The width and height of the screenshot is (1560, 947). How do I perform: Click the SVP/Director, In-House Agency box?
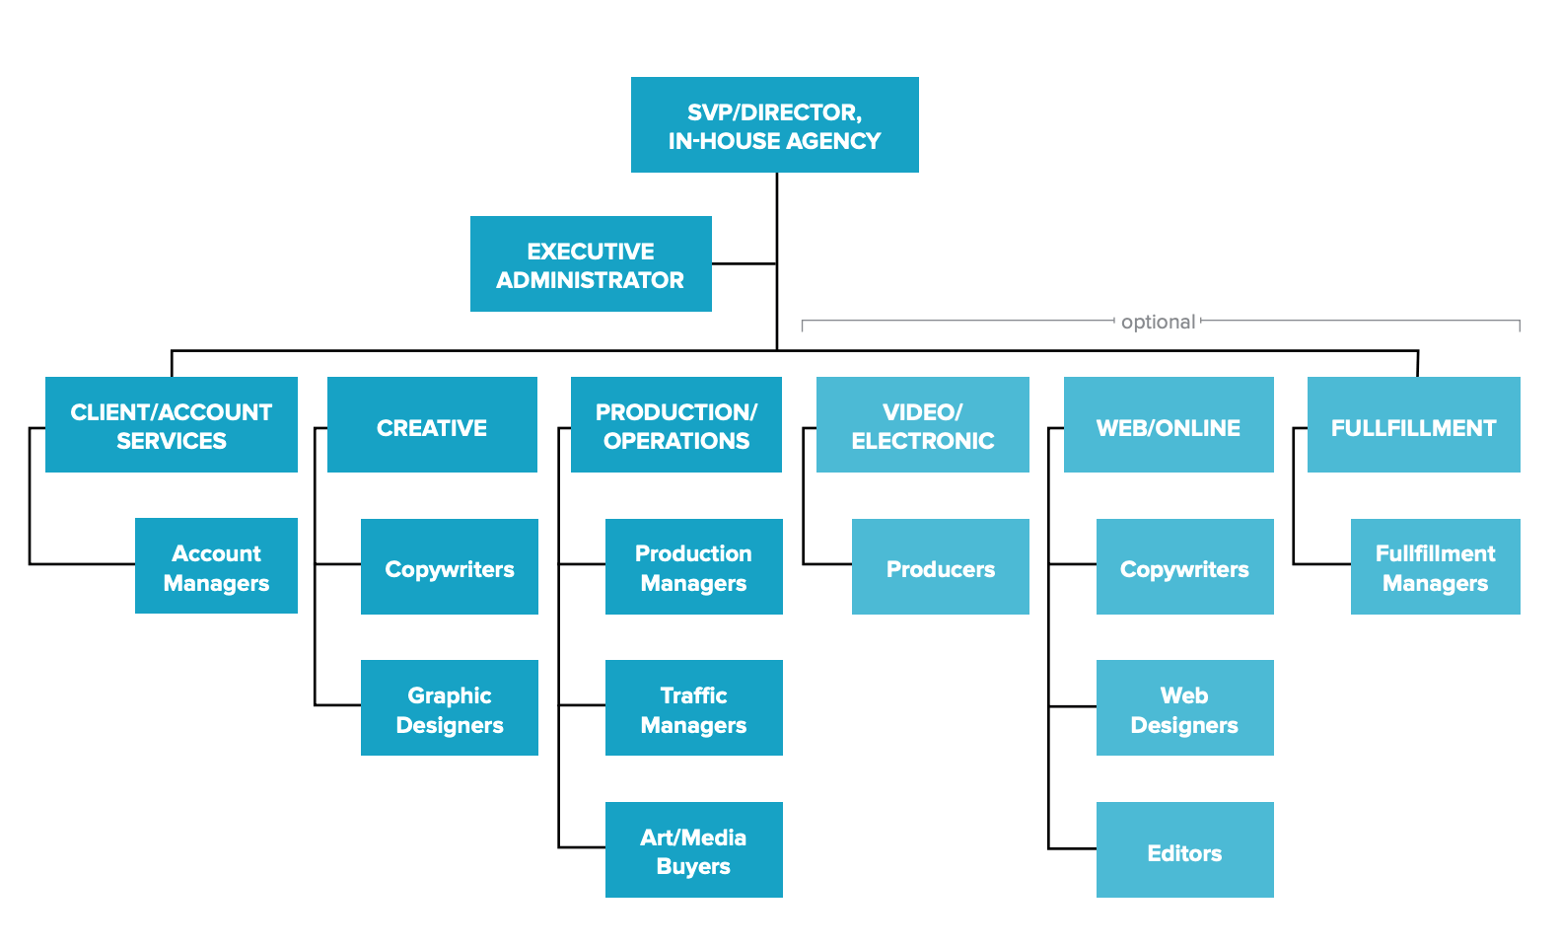pyautogui.click(x=774, y=125)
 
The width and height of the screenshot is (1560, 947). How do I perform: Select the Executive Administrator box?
pyautogui.click(x=591, y=264)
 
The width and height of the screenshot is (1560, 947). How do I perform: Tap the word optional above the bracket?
pyautogui.click(x=1158, y=322)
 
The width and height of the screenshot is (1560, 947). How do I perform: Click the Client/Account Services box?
pyautogui.click(x=172, y=425)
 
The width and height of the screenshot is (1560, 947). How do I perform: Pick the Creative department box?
pyautogui.click(x=432, y=425)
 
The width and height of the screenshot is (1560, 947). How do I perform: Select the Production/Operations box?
pyautogui.click(x=676, y=425)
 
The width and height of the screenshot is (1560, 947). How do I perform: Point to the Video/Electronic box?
pyautogui.click(x=922, y=425)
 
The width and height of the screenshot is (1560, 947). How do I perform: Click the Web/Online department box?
pyautogui.click(x=1169, y=425)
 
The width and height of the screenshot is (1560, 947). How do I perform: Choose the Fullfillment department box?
pyautogui.click(x=1413, y=425)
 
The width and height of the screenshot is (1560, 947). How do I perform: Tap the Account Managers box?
pyautogui.click(x=216, y=566)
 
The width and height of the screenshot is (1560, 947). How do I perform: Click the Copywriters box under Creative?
pyautogui.click(x=449, y=567)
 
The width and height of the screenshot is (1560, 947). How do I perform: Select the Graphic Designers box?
pyautogui.click(x=449, y=708)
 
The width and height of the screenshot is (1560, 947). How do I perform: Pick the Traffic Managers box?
pyautogui.click(x=693, y=708)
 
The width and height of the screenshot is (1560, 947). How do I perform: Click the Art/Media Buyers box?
pyautogui.click(x=693, y=850)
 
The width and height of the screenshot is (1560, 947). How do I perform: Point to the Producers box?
pyautogui.click(x=940, y=567)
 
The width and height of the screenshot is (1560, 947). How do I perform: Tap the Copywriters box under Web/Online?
pyautogui.click(x=1184, y=567)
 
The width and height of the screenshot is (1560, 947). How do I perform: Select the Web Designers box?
pyautogui.click(x=1184, y=708)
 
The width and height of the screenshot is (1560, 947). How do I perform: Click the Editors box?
pyautogui.click(x=1184, y=850)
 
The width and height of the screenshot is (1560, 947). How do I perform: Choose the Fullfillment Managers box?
pyautogui.click(x=1435, y=567)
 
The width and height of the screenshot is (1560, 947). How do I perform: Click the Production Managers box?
pyautogui.click(x=693, y=567)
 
